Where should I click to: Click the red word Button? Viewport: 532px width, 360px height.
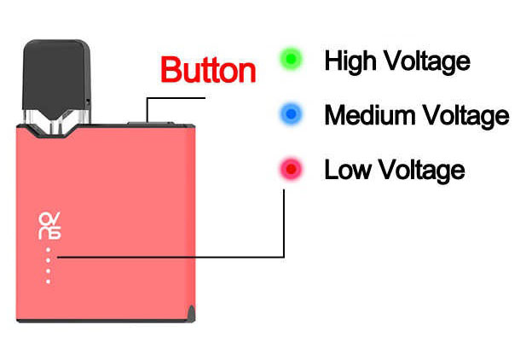[x=208, y=70]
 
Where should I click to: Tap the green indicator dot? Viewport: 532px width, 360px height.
[x=291, y=59]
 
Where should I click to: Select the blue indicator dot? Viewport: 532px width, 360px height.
[x=291, y=114]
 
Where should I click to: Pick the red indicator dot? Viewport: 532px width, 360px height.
[x=291, y=169]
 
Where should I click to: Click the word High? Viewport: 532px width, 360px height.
[x=350, y=61]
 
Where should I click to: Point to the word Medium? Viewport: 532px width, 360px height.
[x=369, y=115]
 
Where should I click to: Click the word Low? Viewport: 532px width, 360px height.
[x=348, y=169]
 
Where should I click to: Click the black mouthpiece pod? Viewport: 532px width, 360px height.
[x=56, y=79]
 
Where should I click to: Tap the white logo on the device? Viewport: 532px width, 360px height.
[x=49, y=226]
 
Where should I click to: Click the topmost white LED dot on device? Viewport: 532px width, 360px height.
[x=49, y=250]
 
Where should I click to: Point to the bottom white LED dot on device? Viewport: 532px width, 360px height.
[x=49, y=282]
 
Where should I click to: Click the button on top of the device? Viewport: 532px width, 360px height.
[x=150, y=124]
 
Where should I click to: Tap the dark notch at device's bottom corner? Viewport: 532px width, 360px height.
[x=192, y=313]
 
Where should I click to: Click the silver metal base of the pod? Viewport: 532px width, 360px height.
[x=56, y=121]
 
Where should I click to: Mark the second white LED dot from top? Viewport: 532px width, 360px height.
[x=49, y=260]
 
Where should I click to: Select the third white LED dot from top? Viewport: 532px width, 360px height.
[x=49, y=271]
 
